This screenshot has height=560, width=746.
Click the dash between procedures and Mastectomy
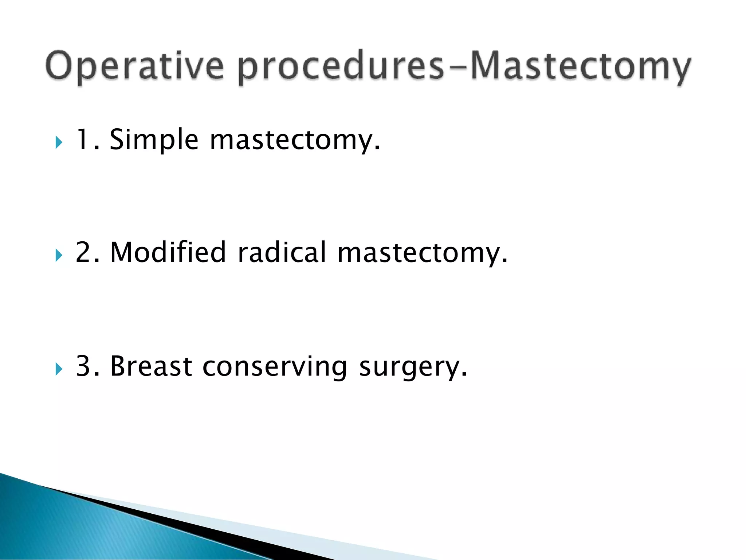pyautogui.click(x=458, y=68)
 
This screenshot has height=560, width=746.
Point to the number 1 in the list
pyautogui.click(x=82, y=139)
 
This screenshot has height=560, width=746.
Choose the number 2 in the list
pyautogui.click(x=83, y=252)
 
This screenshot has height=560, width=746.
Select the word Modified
pyautogui.click(x=168, y=252)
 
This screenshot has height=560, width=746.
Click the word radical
pyautogui.click(x=282, y=252)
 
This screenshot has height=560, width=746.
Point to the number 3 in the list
pyautogui.click(x=83, y=366)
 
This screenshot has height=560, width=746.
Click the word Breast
pyautogui.click(x=151, y=366)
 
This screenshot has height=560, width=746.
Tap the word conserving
pyautogui.click(x=275, y=367)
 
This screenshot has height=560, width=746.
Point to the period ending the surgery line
pyautogui.click(x=464, y=375)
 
